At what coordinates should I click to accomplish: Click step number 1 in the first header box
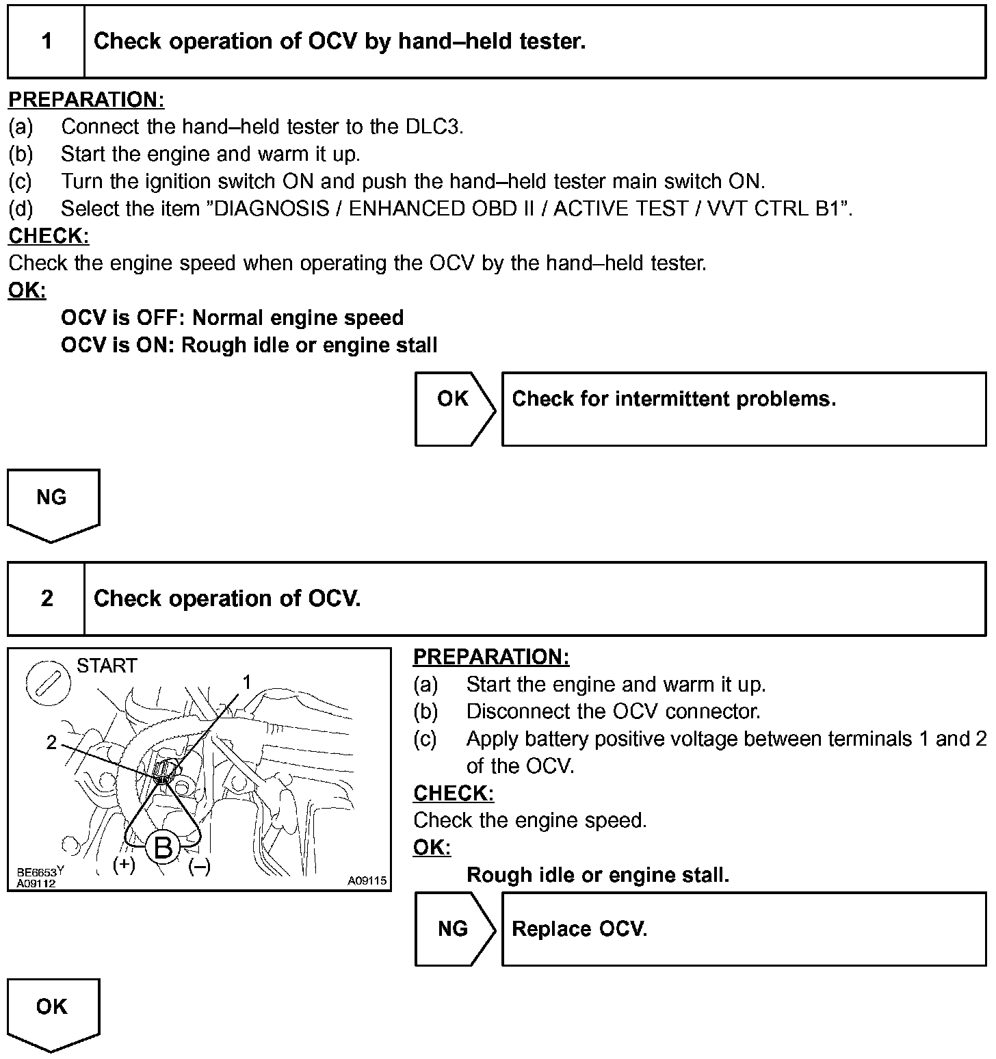[47, 42]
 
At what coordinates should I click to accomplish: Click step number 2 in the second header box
[47, 599]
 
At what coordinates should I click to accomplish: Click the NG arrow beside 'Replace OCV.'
[454, 929]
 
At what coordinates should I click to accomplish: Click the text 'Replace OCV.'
[579, 929]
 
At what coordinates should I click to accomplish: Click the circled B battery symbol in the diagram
[163, 848]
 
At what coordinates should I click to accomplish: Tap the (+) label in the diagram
[124, 865]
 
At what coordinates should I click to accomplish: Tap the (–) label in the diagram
[199, 867]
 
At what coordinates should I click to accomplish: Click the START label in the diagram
[107, 666]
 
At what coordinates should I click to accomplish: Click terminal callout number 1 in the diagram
[247, 681]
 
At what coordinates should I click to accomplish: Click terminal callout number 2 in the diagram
[51, 742]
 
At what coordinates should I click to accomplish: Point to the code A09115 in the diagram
[367, 881]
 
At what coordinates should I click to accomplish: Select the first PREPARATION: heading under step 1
[86, 100]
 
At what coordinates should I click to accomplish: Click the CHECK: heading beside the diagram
[454, 794]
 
